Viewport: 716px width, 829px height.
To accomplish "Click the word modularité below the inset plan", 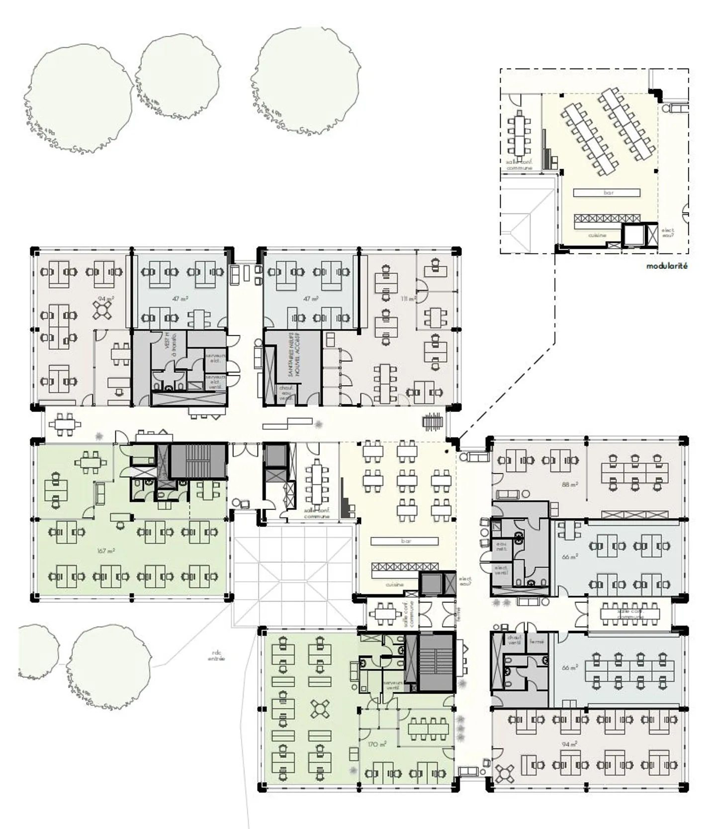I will (x=667, y=266).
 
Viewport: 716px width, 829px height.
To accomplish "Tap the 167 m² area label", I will (x=106, y=551).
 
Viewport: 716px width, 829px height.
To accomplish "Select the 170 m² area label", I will (x=377, y=744).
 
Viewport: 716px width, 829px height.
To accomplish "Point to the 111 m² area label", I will (x=408, y=299).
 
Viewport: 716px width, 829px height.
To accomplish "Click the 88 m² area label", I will (x=569, y=484).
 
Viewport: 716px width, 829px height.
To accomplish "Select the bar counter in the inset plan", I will (x=607, y=193).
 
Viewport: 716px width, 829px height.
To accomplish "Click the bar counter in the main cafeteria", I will (x=405, y=541).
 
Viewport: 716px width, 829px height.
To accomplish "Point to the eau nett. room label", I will (x=501, y=546).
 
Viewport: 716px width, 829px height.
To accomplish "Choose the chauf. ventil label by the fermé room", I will (x=514, y=640).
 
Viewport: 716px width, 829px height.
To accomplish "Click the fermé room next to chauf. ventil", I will (x=537, y=642).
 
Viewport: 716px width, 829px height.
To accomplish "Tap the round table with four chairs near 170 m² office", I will (x=320, y=709).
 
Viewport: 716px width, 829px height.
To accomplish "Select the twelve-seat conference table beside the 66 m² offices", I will (x=630, y=614).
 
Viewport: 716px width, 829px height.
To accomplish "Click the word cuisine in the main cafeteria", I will (x=394, y=584).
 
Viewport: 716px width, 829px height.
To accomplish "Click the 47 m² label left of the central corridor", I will (x=180, y=299).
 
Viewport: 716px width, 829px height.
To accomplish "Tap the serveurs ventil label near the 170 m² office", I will (x=392, y=686).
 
